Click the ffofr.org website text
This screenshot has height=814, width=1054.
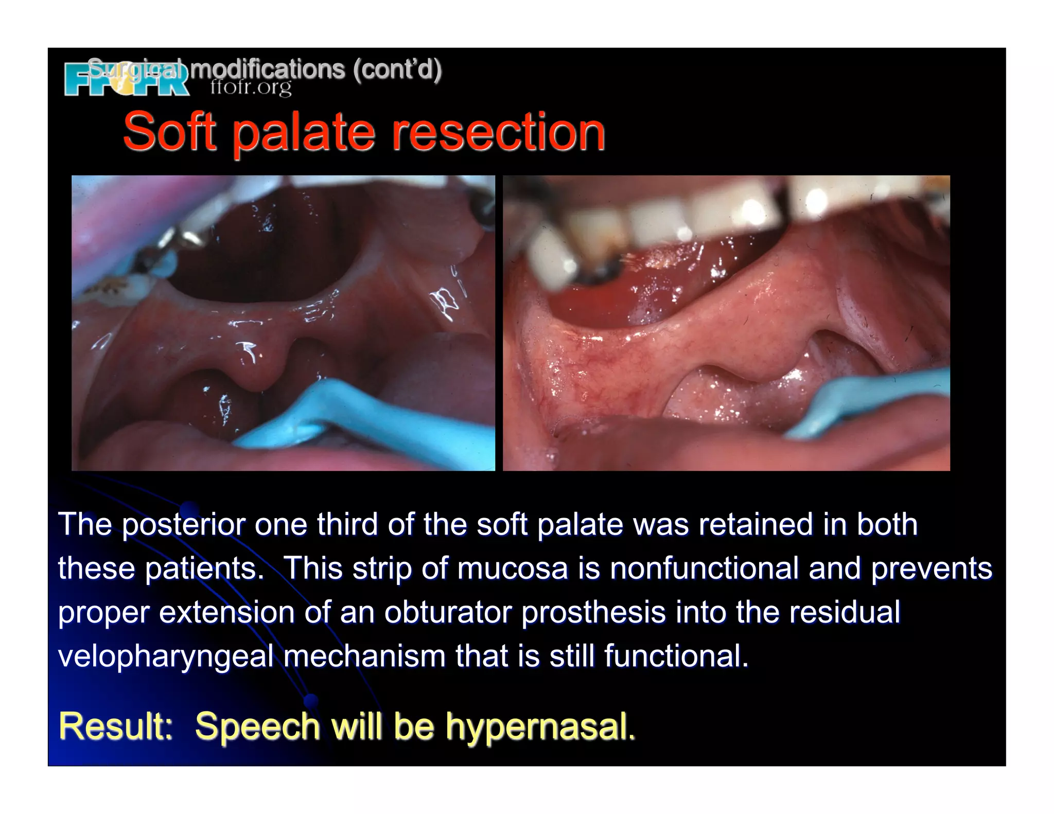pyautogui.click(x=251, y=88)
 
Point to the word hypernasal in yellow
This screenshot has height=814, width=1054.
pyautogui.click(x=540, y=726)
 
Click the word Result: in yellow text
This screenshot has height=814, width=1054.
pyautogui.click(x=116, y=726)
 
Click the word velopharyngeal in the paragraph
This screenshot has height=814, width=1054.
pyautogui.click(x=166, y=657)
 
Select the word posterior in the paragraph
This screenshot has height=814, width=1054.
pyautogui.click(x=184, y=525)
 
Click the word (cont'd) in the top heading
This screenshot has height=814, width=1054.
pyautogui.click(x=397, y=69)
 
